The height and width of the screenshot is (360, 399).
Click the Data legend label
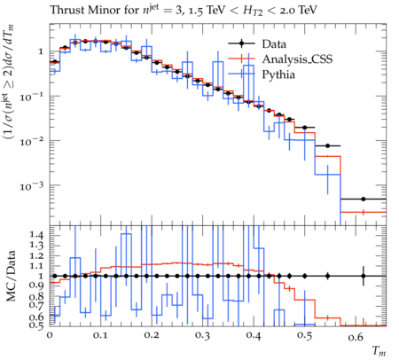point(274,44)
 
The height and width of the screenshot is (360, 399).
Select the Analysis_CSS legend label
point(297,59)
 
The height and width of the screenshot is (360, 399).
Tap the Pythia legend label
point(278,74)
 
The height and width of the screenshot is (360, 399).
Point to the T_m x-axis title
point(379,351)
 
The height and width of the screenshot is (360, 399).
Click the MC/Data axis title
point(11,276)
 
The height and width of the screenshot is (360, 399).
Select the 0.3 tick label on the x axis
point(202,335)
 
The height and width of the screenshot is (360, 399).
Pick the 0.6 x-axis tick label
point(356,337)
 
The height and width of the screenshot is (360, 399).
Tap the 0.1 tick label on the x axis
point(100,335)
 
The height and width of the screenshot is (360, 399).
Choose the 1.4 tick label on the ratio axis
point(36,235)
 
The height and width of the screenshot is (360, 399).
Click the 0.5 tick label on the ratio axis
point(36,325)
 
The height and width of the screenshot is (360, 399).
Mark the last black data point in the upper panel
point(364,199)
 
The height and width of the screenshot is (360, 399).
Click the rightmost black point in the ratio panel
point(364,276)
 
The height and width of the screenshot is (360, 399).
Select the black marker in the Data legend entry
point(241,43)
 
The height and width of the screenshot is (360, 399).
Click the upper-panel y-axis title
point(9,82)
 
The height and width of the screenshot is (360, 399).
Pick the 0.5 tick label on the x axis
point(304,335)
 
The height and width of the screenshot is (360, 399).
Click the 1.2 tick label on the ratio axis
point(36,255)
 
